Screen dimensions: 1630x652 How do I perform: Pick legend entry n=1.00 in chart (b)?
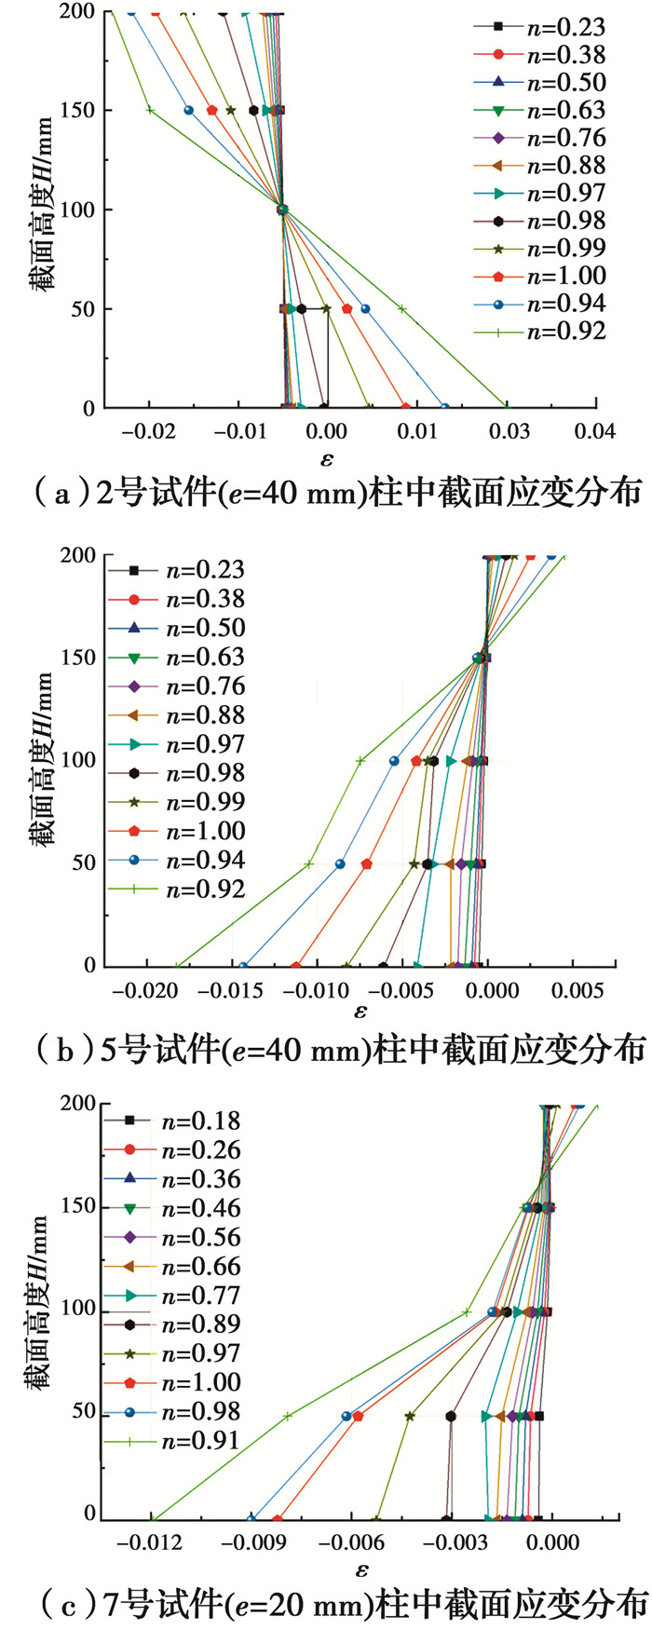tap(205, 831)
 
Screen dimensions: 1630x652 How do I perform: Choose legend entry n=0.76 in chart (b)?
tap(205, 686)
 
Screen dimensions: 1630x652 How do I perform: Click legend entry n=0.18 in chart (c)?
tap(200, 1121)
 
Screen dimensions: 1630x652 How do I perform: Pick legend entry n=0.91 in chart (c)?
tap(200, 1441)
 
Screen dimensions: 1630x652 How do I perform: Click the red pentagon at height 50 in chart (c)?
tap(358, 1416)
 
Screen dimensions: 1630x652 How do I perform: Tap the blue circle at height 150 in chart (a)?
tap(189, 110)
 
